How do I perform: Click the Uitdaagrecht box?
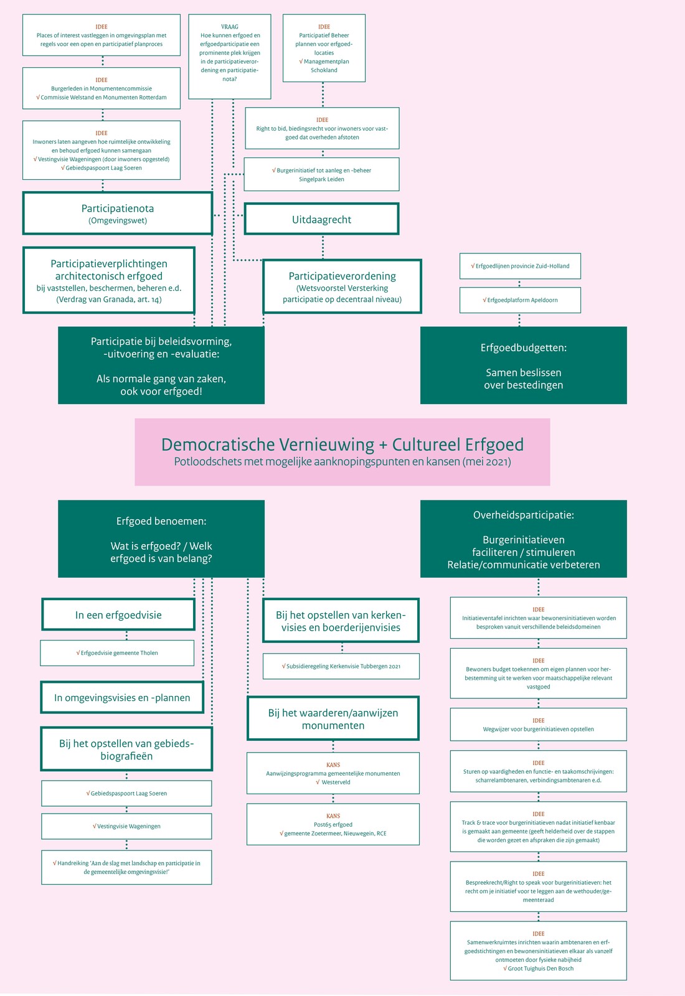pos(321,218)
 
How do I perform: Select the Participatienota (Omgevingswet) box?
pos(118,213)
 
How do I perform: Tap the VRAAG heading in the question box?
pos(230,27)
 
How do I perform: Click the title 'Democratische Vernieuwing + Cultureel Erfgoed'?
pos(342,444)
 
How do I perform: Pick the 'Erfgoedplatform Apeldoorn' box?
pos(520,300)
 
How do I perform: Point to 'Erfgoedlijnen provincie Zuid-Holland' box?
pos(520,266)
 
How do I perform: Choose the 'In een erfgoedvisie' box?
pos(118,614)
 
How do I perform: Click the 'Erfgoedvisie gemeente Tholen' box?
pos(117,653)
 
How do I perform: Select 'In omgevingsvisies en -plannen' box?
pos(122,697)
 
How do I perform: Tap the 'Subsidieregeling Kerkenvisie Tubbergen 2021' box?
pos(341,666)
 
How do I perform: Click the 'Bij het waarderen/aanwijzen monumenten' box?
pos(333,718)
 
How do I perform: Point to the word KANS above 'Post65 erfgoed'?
pos(333,816)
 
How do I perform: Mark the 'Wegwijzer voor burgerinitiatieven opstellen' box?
pos(538,725)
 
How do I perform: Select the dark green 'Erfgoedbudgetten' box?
pos(524,365)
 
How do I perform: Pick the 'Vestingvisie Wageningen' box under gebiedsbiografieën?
pos(126,826)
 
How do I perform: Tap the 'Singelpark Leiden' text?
pos(321,179)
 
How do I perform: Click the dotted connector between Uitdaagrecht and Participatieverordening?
pos(323,247)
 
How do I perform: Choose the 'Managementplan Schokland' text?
pos(324,66)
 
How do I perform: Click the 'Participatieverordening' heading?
pos(342,276)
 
